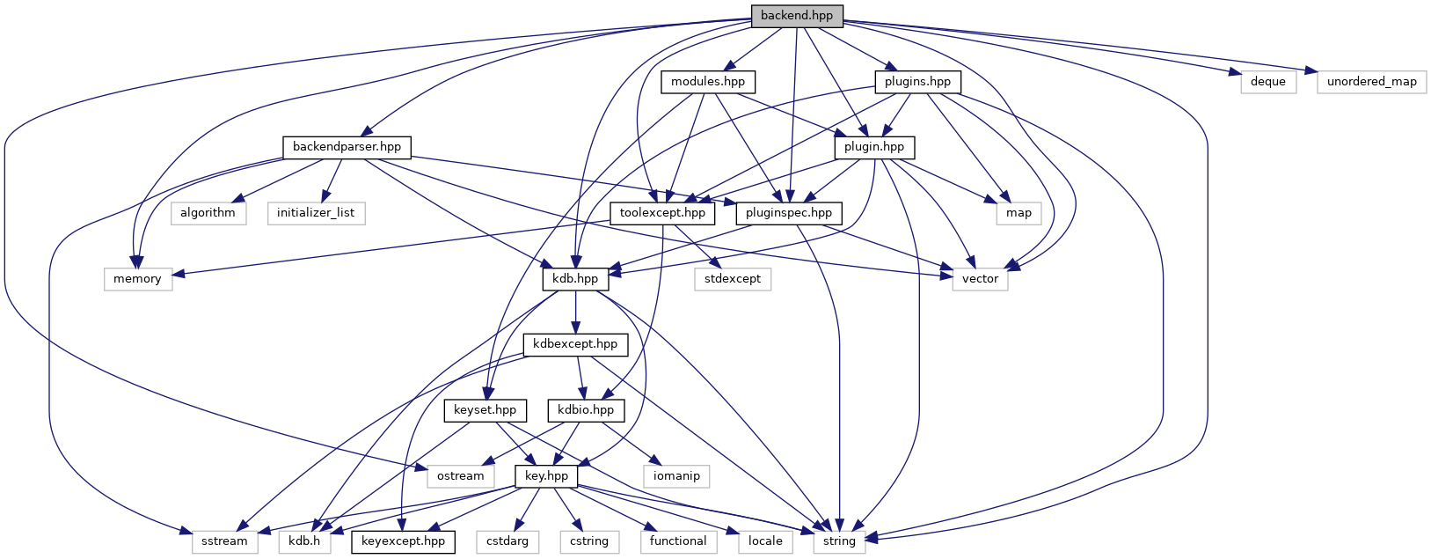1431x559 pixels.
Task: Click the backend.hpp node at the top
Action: point(796,15)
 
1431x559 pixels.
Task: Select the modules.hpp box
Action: point(707,82)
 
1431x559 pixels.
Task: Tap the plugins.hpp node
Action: point(917,82)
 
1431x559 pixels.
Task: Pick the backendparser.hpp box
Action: point(347,146)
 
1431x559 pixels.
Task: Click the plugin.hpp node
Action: point(873,147)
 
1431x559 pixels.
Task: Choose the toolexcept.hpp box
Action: point(662,213)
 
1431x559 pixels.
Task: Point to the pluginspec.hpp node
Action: point(788,213)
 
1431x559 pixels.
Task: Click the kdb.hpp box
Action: point(575,279)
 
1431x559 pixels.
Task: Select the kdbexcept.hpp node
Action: point(575,344)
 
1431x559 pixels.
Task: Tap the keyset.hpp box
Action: point(485,410)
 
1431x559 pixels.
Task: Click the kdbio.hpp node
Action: point(586,410)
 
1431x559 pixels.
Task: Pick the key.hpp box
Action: point(546,476)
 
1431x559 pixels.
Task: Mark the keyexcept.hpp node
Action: point(403,541)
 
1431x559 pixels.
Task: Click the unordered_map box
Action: point(1371,82)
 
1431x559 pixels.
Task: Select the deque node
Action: point(1267,82)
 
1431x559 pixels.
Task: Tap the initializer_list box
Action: point(316,213)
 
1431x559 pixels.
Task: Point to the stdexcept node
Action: point(732,279)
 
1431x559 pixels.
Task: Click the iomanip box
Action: point(676,476)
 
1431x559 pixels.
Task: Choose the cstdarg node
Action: point(507,541)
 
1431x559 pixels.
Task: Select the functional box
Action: point(677,541)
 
